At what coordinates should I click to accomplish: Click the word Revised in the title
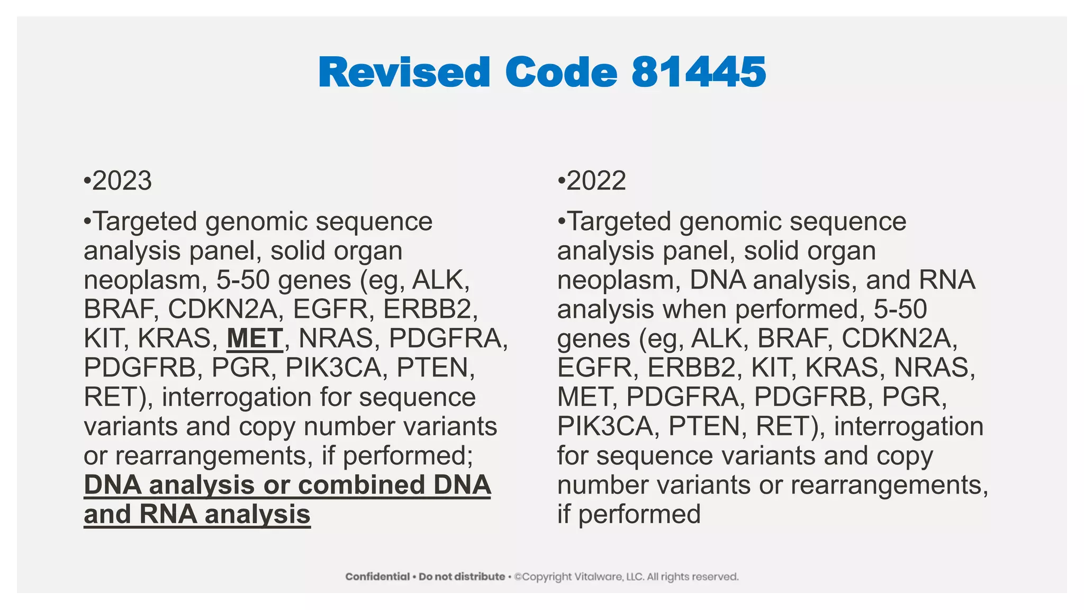click(x=404, y=72)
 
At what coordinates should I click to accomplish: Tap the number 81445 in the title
click(x=699, y=72)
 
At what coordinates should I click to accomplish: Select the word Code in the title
click(x=561, y=72)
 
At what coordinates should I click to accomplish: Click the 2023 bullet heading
click(x=122, y=181)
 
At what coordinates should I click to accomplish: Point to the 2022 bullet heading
click(x=596, y=181)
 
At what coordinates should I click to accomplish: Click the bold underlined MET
click(x=255, y=339)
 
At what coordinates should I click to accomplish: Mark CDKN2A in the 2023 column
click(x=222, y=309)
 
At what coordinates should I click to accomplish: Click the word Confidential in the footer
click(x=377, y=577)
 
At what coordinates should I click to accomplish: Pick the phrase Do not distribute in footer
click(x=462, y=577)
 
